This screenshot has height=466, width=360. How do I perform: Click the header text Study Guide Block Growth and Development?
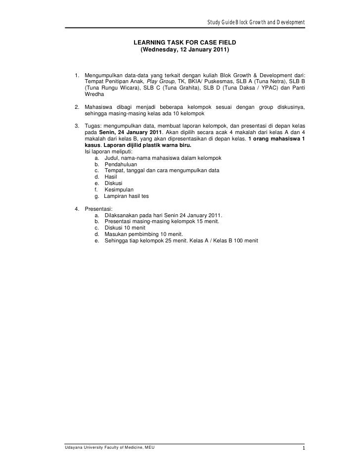(255, 22)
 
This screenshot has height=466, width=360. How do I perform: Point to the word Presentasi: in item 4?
(99, 209)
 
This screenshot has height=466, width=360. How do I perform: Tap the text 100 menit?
(242, 241)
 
